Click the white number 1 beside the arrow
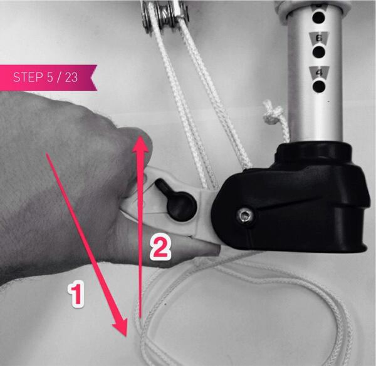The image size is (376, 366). click(76, 294)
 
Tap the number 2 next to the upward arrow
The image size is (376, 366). click(160, 247)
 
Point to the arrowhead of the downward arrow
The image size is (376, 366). click(120, 327)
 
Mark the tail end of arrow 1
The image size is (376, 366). click(46, 153)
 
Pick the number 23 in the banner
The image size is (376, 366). click(71, 78)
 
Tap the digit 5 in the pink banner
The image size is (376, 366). click(50, 78)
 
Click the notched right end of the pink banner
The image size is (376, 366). click(94, 78)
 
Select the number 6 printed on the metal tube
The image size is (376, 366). click(319, 38)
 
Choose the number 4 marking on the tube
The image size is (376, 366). click(319, 73)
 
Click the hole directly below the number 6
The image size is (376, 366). click(319, 52)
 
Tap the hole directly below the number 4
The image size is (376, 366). click(319, 86)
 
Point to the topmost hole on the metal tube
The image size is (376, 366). click(319, 18)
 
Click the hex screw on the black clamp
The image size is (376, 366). click(245, 216)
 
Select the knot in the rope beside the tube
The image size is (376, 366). click(273, 112)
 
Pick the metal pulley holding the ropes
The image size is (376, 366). click(165, 12)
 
